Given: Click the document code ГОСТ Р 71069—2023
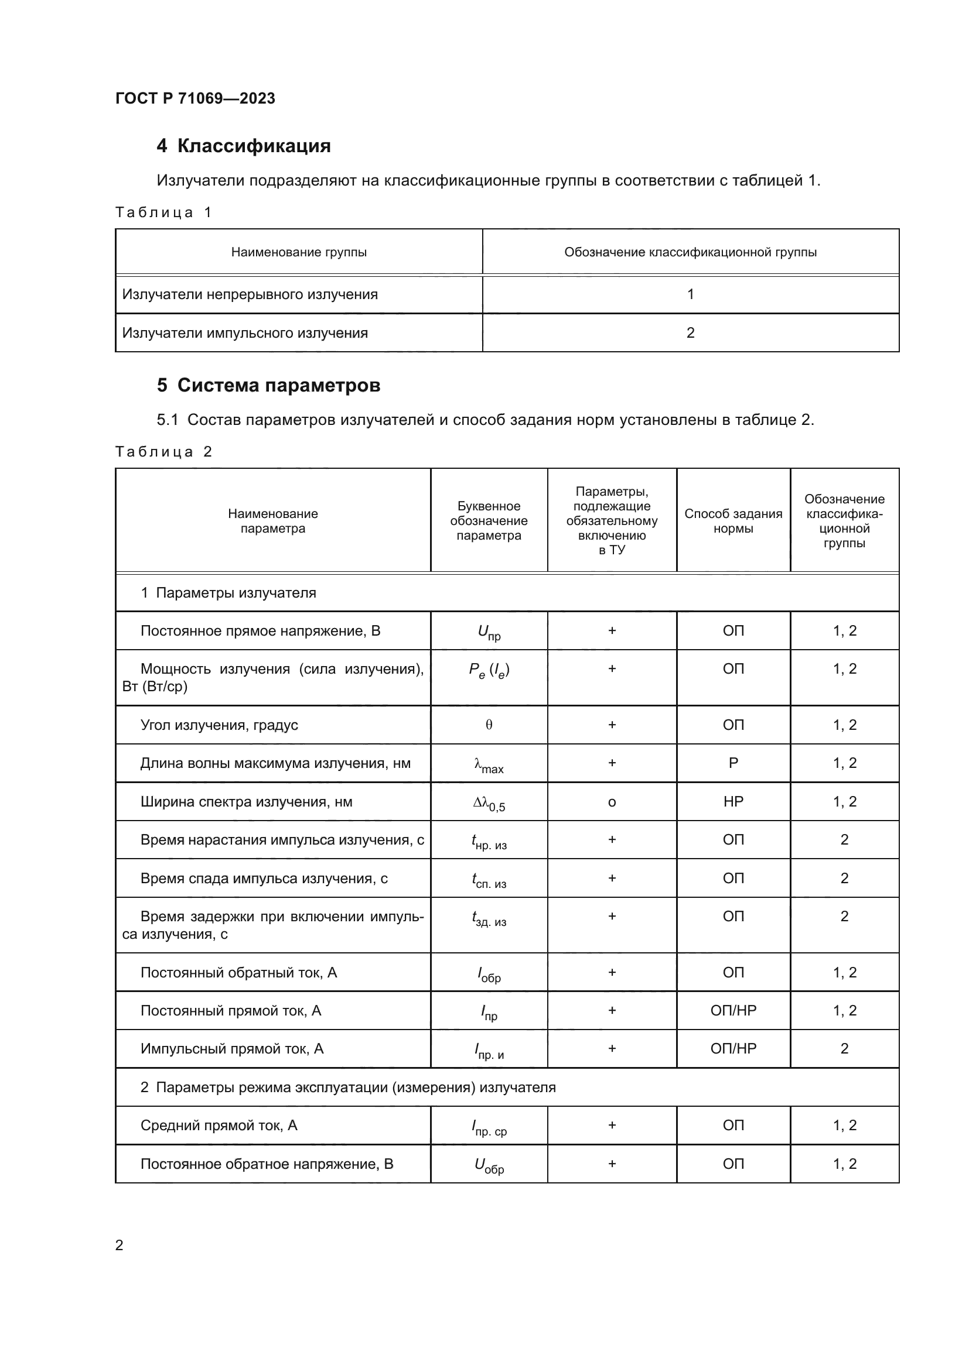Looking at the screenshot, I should point(195,98).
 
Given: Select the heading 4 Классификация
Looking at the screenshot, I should point(244,146).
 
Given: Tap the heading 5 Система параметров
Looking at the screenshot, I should point(268,385).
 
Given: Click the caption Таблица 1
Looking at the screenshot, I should point(163,212).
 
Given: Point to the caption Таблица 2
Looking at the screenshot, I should point(163,451).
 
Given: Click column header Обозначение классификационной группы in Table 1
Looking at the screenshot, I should point(690,252).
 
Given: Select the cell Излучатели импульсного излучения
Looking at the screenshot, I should point(245,332).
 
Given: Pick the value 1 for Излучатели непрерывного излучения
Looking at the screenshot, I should point(690,294).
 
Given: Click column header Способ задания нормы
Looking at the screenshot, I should point(733,520).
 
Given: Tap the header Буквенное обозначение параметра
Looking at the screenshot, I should point(489,520).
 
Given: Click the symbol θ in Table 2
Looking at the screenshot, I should point(489,725).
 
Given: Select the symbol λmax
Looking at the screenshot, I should point(489,764).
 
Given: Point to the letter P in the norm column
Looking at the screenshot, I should point(733,763).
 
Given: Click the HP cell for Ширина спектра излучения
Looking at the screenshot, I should point(733,801).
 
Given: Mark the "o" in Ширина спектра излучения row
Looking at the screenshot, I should point(612,802).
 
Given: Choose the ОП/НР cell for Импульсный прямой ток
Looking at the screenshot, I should point(733,1048).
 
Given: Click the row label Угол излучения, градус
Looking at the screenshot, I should point(219,725).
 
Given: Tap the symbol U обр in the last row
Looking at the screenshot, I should point(489,1165).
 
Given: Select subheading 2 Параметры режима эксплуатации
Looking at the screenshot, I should point(348,1087).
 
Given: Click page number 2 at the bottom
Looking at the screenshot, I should point(120,1245).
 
